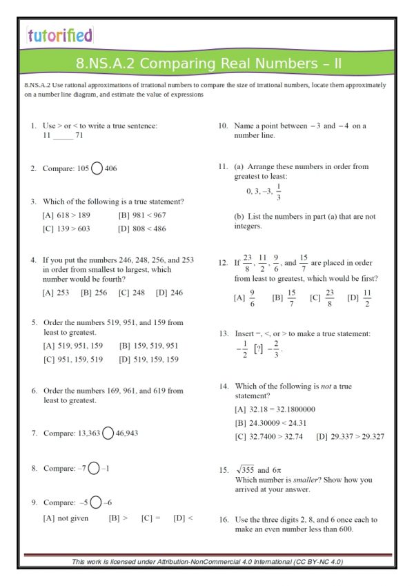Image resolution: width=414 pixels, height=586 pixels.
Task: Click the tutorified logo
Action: coord(59,35)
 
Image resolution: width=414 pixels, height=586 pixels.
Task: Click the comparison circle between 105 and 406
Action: coord(97,168)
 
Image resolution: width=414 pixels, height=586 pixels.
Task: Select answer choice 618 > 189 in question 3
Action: coord(71,215)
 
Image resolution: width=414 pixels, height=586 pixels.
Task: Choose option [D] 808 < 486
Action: coord(142,228)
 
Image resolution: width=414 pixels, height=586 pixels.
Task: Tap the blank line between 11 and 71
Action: coord(63,136)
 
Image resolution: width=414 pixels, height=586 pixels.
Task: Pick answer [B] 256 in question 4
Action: coord(94,293)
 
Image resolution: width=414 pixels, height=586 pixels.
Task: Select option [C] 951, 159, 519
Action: coord(72,359)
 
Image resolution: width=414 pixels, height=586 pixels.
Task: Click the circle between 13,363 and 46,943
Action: coord(108,433)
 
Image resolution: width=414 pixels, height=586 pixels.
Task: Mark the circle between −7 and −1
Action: coord(93,469)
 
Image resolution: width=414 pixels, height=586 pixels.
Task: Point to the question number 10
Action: coord(224,126)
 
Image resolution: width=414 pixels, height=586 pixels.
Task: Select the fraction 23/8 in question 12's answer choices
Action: coord(330,298)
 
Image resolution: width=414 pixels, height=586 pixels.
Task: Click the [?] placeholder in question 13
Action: coord(258,349)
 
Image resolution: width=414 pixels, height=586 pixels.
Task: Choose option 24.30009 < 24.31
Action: coord(270,422)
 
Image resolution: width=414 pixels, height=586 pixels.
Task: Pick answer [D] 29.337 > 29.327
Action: coord(350,436)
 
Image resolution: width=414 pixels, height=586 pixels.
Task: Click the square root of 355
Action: coord(243,470)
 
